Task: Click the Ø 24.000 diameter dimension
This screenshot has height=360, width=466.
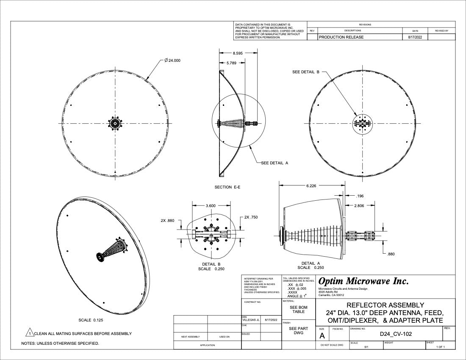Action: pos(172,61)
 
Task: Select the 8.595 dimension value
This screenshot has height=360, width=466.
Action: pos(238,53)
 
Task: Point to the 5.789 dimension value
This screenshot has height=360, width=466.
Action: pos(232,63)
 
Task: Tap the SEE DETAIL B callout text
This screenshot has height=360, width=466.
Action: pos(306,72)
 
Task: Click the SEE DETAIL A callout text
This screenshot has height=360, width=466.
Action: pos(275,163)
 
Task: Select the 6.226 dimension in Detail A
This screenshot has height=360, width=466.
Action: pos(311,186)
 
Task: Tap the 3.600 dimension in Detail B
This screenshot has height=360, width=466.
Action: pos(211,205)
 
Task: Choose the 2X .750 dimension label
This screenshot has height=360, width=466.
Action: pos(251,217)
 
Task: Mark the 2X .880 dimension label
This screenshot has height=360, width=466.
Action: pos(167,221)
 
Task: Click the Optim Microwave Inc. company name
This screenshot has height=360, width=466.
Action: pos(363,281)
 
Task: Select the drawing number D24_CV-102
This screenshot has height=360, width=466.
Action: pos(396,335)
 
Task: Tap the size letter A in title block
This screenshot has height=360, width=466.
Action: pos(322,336)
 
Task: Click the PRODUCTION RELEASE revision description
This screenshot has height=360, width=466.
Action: pos(341,37)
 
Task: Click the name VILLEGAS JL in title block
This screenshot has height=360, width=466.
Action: pos(250,320)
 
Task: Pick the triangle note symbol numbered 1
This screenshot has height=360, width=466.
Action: pos(30,333)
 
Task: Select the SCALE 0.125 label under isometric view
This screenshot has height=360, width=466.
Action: pos(91,320)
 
